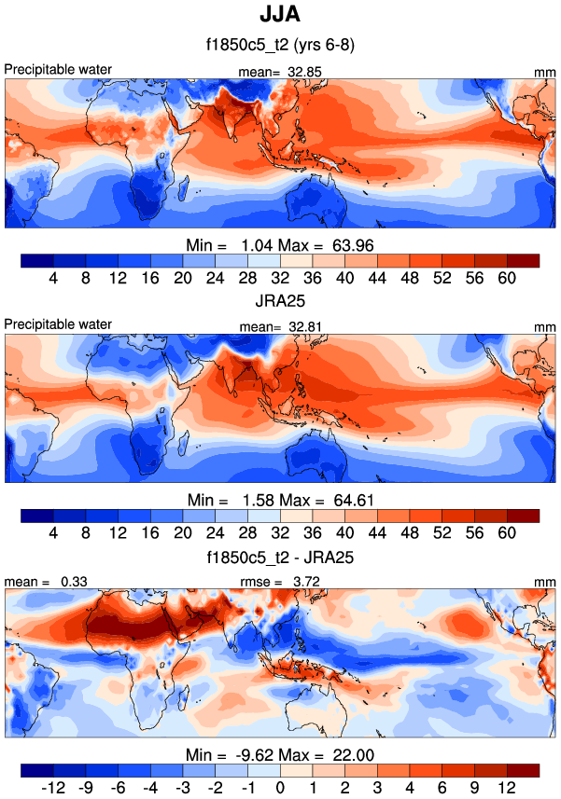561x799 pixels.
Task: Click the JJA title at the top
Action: click(279, 16)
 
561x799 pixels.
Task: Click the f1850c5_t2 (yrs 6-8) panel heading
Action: click(279, 44)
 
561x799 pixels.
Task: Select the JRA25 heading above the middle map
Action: click(279, 304)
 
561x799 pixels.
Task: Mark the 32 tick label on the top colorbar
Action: click(280, 277)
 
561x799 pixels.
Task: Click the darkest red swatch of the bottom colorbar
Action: click(523, 769)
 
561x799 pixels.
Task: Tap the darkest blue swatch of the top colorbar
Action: click(36, 259)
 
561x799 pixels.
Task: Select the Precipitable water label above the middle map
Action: click(58, 324)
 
